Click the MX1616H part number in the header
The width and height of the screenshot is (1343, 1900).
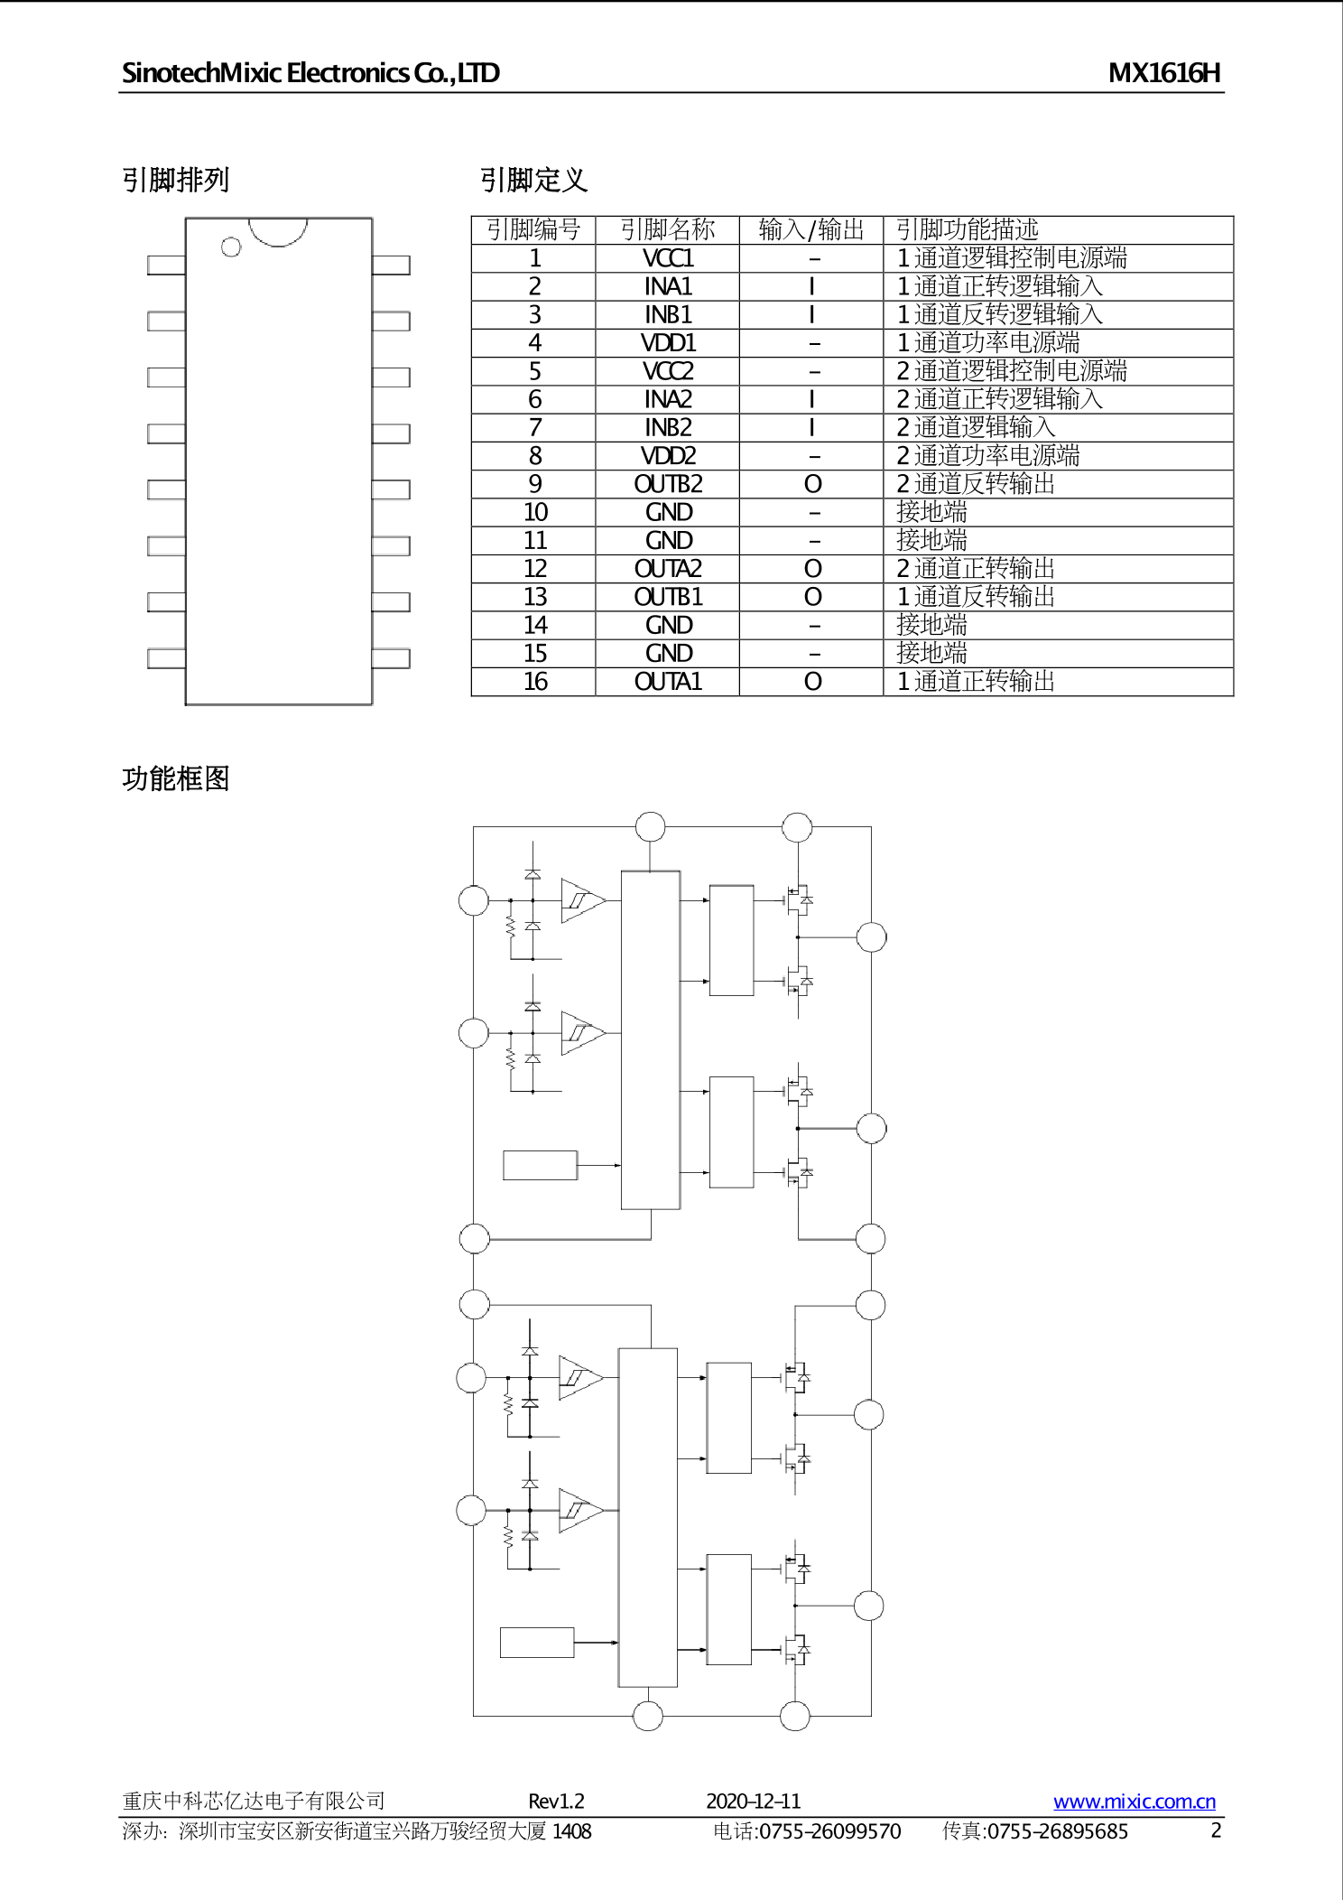pyautogui.click(x=1163, y=73)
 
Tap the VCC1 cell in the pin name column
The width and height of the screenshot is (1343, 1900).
pyautogui.click(x=668, y=258)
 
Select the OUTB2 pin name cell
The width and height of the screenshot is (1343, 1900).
pyautogui.click(x=668, y=485)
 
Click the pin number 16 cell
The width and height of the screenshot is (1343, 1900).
pyautogui.click(x=535, y=682)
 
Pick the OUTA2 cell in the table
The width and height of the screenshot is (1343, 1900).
pyautogui.click(x=668, y=569)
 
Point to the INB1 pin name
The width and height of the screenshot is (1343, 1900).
pyautogui.click(x=668, y=315)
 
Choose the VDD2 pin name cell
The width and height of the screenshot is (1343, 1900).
pyautogui.click(x=668, y=456)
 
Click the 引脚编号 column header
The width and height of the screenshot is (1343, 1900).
pyautogui.click(x=533, y=229)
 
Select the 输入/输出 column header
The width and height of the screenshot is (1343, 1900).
pyautogui.click(x=811, y=229)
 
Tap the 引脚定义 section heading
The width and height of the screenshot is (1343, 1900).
pyautogui.click(x=533, y=181)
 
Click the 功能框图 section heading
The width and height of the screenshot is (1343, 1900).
pyautogui.click(x=176, y=778)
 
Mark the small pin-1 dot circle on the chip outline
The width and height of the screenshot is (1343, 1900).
pyautogui.click(x=231, y=247)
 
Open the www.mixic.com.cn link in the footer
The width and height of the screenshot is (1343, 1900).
pyautogui.click(x=1134, y=1802)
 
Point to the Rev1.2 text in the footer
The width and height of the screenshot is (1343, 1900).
pyautogui.click(x=556, y=1802)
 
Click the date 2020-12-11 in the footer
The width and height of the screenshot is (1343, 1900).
pyautogui.click(x=753, y=1802)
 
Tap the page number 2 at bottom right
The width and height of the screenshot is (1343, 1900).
pyautogui.click(x=1216, y=1830)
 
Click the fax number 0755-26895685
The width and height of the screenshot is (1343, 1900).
pyautogui.click(x=1057, y=1831)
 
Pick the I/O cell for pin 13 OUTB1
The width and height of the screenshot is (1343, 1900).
pyautogui.click(x=812, y=598)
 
